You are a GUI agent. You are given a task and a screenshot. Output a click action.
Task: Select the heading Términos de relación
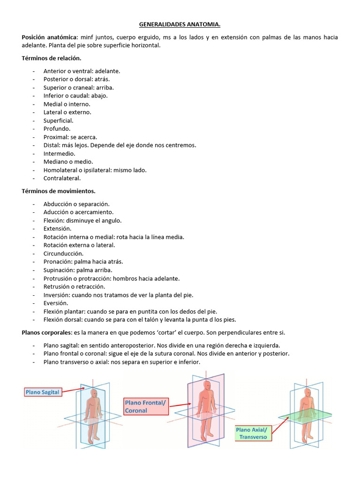pos(52,59)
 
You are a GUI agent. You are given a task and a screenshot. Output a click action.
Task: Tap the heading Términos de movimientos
pos(59,191)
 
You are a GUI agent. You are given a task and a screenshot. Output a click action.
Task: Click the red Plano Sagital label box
pos(44,392)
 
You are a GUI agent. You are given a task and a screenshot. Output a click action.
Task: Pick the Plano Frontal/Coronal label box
pos(145,406)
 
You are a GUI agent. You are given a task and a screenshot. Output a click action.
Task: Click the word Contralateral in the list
pos(62,178)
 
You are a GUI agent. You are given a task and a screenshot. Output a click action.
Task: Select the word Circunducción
pos(63,254)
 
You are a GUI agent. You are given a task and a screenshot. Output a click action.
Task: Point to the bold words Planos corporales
pos(46,332)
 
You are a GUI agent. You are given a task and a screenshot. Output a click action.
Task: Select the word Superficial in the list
pos(58,120)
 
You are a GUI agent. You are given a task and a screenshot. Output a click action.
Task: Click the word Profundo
pos(57,128)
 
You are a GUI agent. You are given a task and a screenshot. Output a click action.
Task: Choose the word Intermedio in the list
pos(59,153)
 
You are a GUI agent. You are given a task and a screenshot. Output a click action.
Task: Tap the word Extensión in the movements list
pos(57,229)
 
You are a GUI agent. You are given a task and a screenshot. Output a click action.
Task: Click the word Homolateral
pos(62,170)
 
